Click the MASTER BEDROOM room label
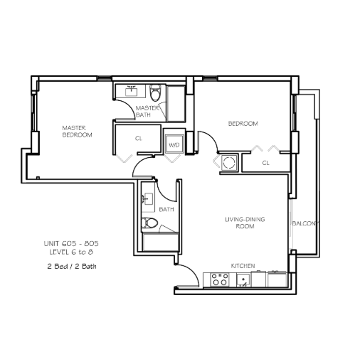pos(77,132)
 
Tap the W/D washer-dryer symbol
pos(174,144)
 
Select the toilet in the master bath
pos(155,92)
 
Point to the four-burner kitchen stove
pos(220,280)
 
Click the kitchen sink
pos(243,280)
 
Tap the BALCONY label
pos(305,223)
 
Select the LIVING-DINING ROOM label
pos(245,223)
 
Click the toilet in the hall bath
pos(149,223)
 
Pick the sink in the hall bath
pos(148,198)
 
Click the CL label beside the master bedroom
pos(139,138)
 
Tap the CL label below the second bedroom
pos(265,163)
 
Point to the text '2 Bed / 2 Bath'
pos(72,267)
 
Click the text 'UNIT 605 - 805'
pos(71,243)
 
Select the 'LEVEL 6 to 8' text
pos(71,252)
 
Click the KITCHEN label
pos(243,266)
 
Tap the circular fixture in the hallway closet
pos(229,163)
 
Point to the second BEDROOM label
pos(243,124)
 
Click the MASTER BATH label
pos(147,112)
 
